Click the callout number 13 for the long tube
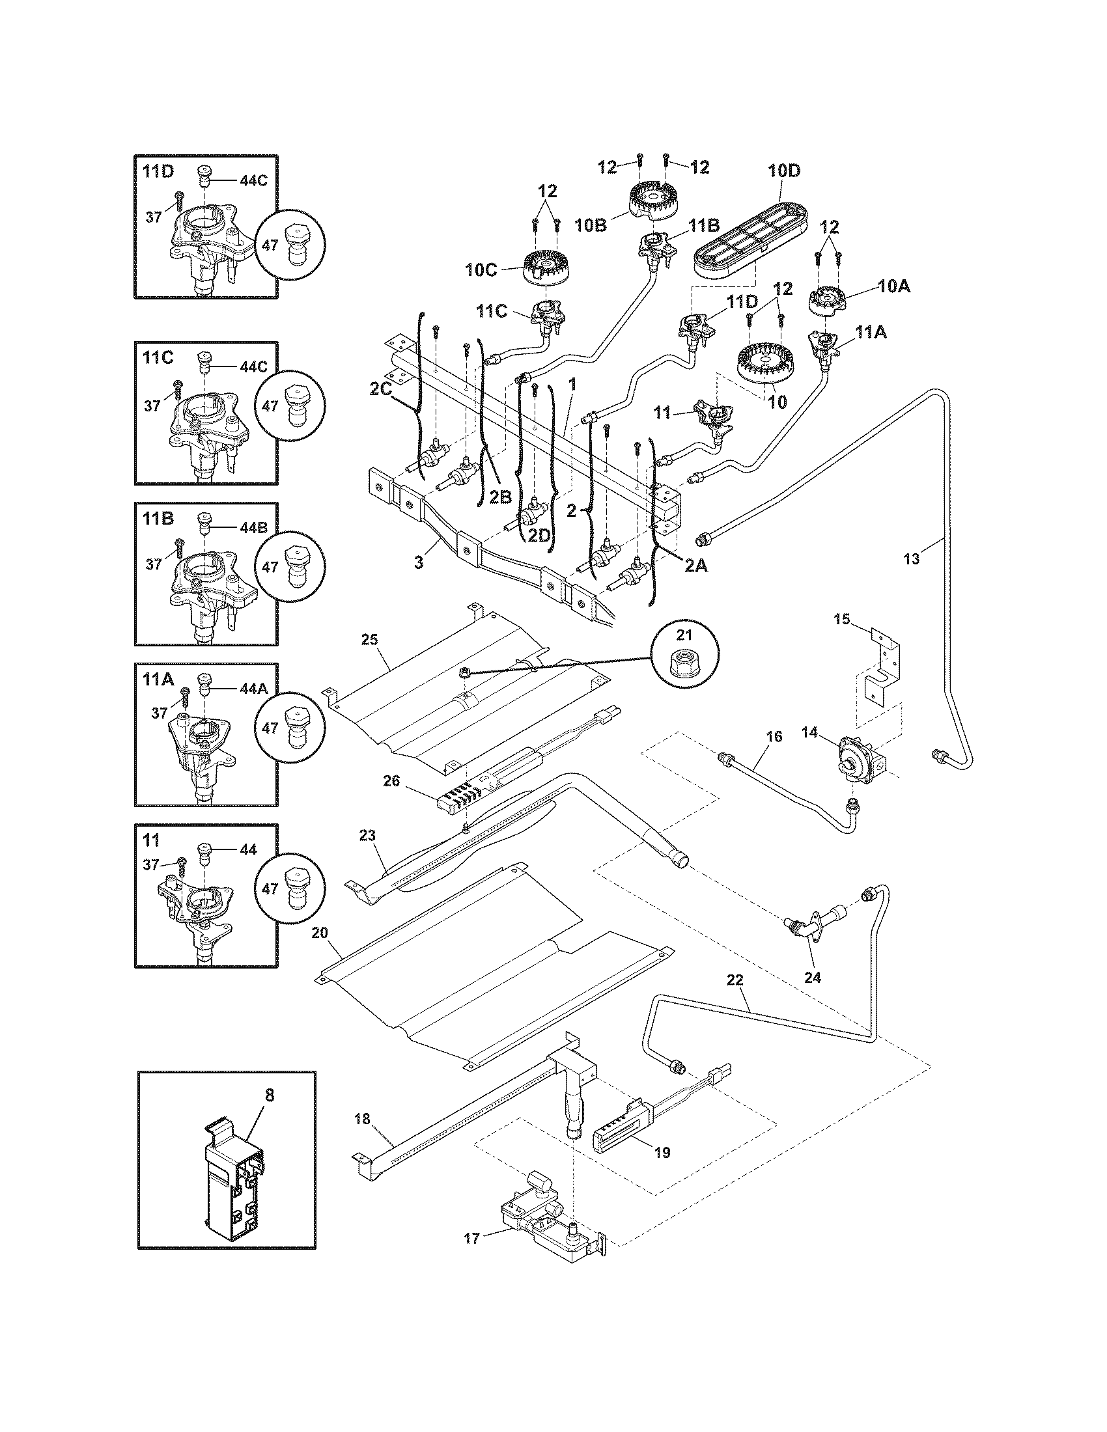click(x=912, y=558)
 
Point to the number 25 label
click(x=370, y=639)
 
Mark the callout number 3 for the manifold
click(x=419, y=562)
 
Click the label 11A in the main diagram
click(x=871, y=333)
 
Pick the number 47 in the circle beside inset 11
click(x=270, y=888)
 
